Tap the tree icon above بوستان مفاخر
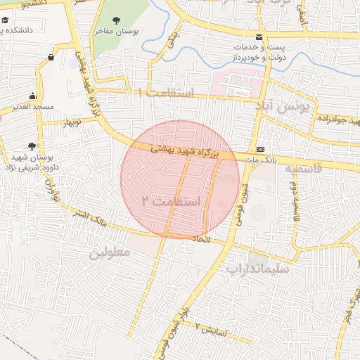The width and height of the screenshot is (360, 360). tap(116, 20)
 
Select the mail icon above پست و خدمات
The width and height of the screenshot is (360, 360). tap(259, 37)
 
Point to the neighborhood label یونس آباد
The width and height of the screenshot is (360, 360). tap(294, 109)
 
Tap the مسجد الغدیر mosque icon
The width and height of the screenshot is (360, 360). tap(32, 96)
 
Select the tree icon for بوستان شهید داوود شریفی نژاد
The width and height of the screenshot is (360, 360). tap(32, 146)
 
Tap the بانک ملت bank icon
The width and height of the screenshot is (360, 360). tap(261, 149)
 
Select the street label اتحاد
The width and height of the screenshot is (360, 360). tap(201, 239)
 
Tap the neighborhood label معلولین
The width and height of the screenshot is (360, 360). tap(110, 252)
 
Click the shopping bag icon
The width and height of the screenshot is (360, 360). tap(51, 57)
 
